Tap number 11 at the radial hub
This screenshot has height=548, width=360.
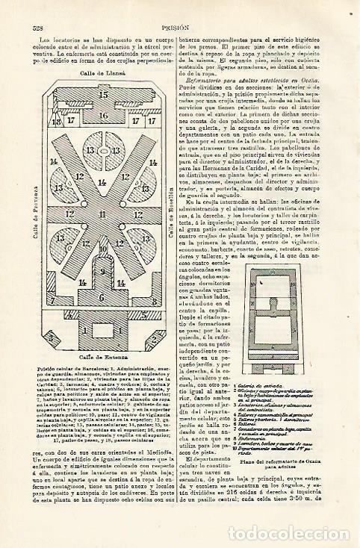click(x=104, y=192)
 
